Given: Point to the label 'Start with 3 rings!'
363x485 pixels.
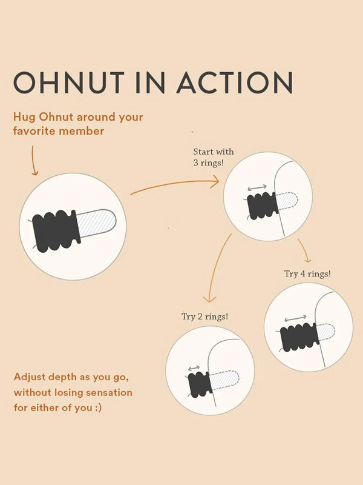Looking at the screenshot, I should (213, 156).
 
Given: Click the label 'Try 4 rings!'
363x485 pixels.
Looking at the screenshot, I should (307, 273).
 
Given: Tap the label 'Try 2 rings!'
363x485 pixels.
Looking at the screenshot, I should (204, 316).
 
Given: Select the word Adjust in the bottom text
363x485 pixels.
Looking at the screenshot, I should (30, 377).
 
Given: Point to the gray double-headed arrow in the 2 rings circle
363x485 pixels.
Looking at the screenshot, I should (194, 368).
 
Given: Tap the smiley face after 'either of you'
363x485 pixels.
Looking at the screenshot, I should (99, 407).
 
